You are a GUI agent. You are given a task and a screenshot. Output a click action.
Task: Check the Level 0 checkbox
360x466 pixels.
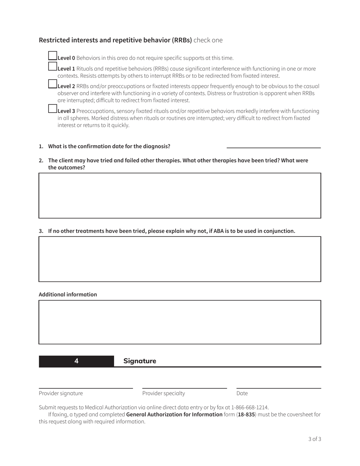tap(53, 56)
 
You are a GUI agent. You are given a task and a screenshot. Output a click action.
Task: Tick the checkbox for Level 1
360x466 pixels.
tap(53, 67)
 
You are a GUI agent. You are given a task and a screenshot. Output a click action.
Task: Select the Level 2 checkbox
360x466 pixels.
tap(53, 84)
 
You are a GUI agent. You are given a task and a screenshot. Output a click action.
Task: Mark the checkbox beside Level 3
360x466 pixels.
tap(53, 109)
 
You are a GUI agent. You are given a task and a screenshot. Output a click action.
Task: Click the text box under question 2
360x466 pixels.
tap(180, 195)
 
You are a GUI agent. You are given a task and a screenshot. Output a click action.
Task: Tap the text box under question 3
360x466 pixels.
tap(180, 259)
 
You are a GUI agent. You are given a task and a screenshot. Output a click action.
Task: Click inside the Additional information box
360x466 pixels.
tap(180, 322)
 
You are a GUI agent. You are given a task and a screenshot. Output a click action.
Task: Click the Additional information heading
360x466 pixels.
tap(68, 294)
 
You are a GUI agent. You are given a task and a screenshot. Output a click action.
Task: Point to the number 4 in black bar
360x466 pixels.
tap(77, 361)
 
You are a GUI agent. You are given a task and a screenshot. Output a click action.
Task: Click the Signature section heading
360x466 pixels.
tap(140, 361)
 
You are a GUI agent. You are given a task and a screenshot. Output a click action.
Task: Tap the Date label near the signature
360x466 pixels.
tap(242, 393)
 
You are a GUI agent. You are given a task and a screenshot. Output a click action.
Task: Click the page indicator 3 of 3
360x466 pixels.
tap(315, 439)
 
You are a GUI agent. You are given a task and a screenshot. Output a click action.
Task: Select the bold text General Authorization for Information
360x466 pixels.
tap(174, 414)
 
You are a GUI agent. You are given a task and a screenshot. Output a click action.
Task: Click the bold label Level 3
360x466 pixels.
tap(66, 111)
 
